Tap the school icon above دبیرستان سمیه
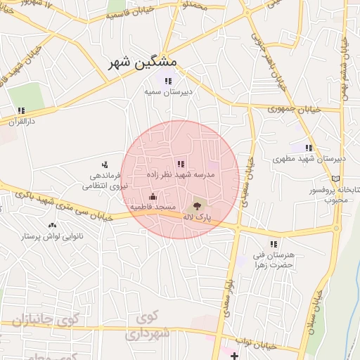click(x=167, y=81)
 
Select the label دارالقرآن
click(x=20, y=121)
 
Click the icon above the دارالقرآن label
click(x=21, y=110)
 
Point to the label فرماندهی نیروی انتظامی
click(x=103, y=180)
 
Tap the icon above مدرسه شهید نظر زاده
click(x=181, y=163)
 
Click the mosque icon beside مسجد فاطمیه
click(x=153, y=196)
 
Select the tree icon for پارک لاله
click(x=197, y=207)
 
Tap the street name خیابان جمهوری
click(x=295, y=110)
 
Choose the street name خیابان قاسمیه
click(x=129, y=15)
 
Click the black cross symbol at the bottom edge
click(x=235, y=356)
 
